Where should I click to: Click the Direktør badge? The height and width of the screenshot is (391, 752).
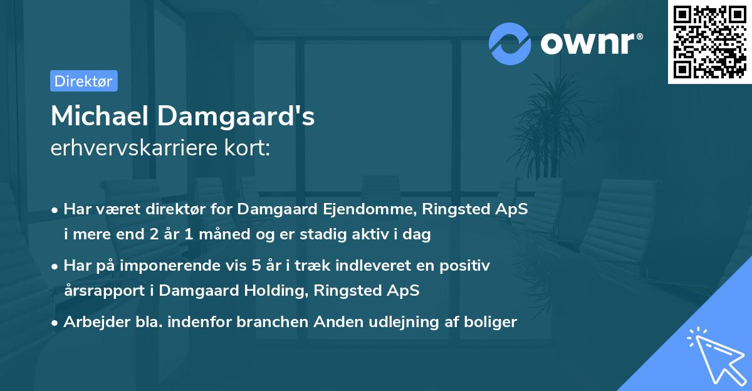tap(83, 81)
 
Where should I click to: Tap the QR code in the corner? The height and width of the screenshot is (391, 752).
tap(710, 41)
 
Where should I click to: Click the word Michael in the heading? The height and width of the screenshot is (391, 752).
tap(99, 117)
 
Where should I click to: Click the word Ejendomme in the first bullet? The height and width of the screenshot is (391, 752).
tap(370, 209)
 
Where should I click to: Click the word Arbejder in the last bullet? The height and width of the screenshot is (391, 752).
tap(90, 322)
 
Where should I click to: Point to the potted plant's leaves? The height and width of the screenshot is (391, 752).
tap(551, 119)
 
